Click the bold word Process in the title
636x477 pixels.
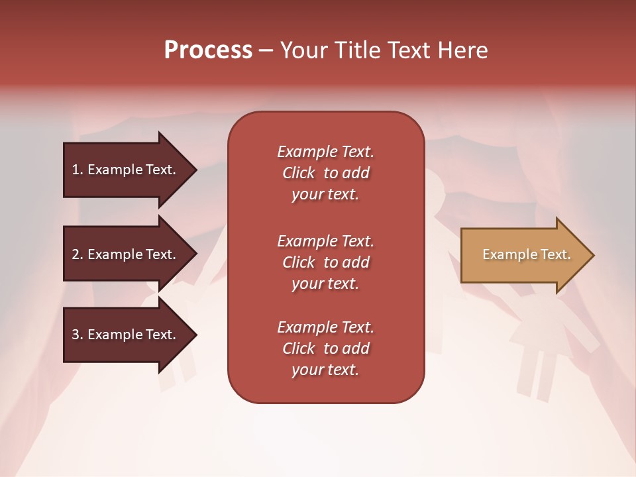(208, 50)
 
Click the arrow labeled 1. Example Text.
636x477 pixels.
(126, 170)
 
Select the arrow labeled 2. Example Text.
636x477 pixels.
(126, 254)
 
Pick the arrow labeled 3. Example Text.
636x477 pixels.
(126, 335)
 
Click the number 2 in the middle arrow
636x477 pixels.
(76, 254)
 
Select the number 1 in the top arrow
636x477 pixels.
(76, 170)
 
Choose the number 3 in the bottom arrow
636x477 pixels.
(76, 335)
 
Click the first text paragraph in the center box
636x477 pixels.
(325, 173)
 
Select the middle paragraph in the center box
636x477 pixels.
(325, 262)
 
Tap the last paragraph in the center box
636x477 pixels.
(325, 348)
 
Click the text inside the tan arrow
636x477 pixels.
(526, 254)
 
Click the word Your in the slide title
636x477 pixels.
(302, 50)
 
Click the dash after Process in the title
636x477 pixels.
(266, 51)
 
